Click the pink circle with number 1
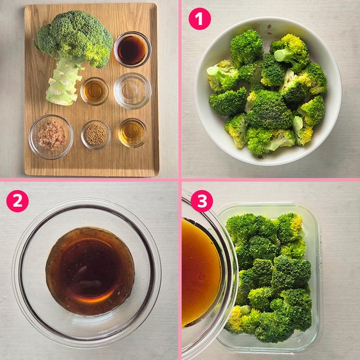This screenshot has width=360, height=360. point(199,19)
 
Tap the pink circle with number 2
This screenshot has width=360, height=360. point(18,201)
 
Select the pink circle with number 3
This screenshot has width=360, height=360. point(202,201)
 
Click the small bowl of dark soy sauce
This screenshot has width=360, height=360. point(133,50)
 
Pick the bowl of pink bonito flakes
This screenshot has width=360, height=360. point(51,137)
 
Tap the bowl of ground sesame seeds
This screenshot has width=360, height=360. point(95,134)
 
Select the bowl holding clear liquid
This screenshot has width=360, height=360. point(132,91)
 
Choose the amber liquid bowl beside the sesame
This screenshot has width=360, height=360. point(132,133)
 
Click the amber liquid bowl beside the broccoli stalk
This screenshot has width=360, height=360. point(94,91)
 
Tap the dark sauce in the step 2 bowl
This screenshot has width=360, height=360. point(90,271)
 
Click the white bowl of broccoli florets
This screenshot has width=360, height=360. point(268,91)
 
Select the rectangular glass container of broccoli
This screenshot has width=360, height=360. point(269,275)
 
